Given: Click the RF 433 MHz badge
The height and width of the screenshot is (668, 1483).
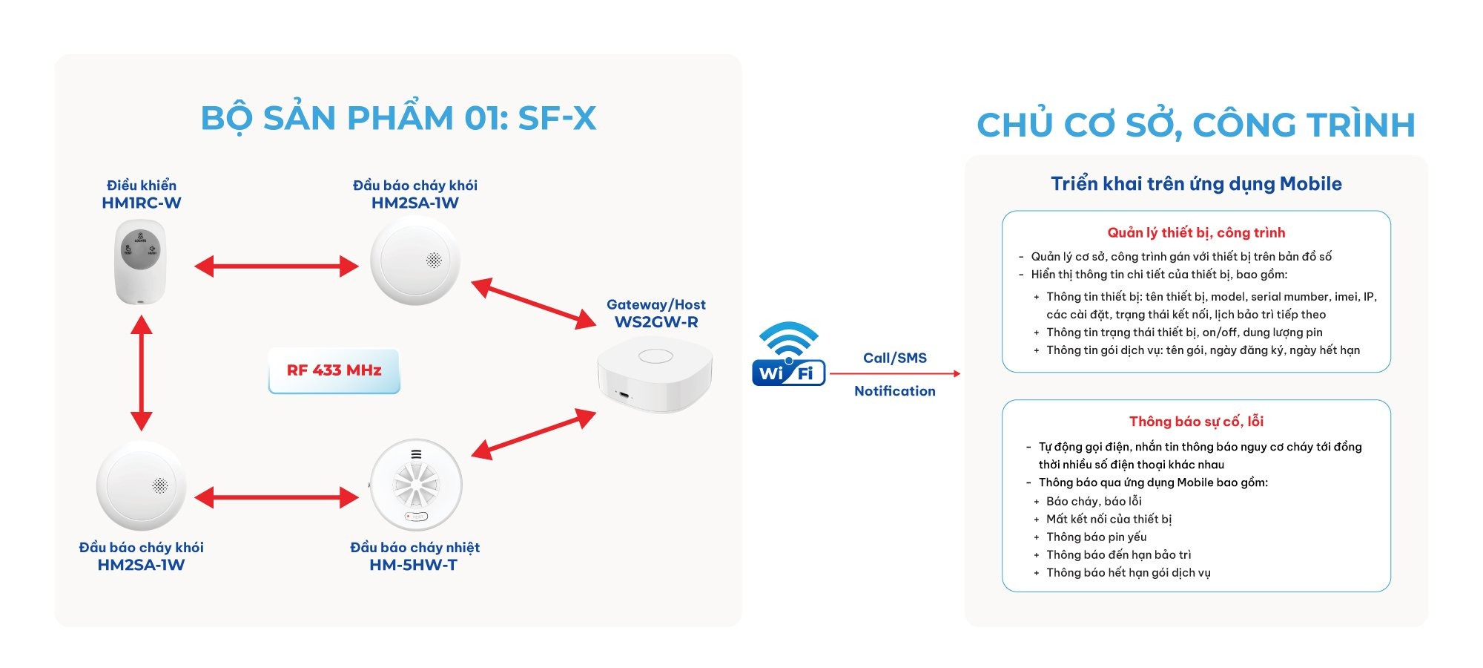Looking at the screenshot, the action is coord(334,370).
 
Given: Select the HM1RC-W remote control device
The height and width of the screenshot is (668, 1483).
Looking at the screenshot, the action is coord(140,262).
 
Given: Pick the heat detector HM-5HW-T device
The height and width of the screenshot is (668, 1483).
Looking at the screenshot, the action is coord(416,485).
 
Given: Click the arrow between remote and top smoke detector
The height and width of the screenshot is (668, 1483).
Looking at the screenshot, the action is coord(277,266).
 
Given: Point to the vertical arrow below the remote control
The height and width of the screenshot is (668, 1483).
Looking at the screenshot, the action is coord(141,373).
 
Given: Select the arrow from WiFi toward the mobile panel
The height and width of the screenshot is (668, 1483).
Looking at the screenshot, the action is coord(894,373).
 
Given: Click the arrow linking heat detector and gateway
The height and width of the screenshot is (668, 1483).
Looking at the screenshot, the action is coord(534,434).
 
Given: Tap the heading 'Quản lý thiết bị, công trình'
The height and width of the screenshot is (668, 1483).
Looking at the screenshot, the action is coord(1196,233).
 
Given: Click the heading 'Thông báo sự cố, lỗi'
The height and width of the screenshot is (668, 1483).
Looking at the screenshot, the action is coord(1196,422).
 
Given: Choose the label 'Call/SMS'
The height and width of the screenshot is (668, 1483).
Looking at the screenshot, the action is coord(895,358).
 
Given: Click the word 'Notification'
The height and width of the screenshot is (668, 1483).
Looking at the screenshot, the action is coord(895,391).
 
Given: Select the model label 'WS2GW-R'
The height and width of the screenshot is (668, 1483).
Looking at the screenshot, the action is coord(656,322).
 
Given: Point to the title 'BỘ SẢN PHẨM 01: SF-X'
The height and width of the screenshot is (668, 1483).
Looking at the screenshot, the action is coord(398,119).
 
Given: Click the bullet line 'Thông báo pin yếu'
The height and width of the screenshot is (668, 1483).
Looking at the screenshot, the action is coord(1096,537).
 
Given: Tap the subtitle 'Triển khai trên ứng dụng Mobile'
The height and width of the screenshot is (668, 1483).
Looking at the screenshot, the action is coord(1196,184).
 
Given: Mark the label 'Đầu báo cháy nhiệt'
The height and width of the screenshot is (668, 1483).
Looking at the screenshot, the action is coord(414,548).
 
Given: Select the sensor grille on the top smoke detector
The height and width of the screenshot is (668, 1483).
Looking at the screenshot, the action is coord(435,260).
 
